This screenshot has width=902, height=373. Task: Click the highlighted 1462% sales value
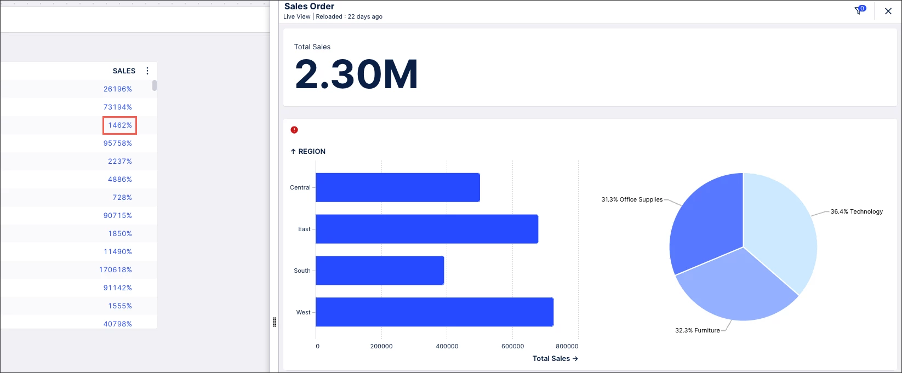120,125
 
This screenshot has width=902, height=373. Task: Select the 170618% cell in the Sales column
116,269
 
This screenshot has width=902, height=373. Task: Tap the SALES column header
124,71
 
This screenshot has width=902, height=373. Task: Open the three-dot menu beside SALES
147,71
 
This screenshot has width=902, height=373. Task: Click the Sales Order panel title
309,7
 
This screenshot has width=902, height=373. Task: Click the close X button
888,11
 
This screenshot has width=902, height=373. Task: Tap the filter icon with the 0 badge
859,10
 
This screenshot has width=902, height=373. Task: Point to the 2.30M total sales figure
356,74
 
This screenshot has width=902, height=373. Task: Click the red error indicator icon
294,130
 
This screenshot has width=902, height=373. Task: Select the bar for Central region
398,187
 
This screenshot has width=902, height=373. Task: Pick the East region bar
427,229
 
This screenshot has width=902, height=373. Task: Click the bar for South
380,271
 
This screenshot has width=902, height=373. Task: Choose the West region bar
435,312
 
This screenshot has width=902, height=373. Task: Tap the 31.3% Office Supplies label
632,199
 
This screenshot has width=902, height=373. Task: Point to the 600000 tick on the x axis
512,346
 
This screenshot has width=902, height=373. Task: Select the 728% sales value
122,197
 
